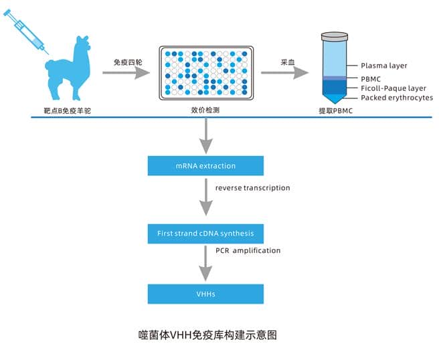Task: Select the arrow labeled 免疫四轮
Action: point(130,72)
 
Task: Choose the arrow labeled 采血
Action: point(288,72)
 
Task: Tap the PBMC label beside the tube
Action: point(371,79)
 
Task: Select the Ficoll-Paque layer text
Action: point(393,88)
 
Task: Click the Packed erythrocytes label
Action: point(396,98)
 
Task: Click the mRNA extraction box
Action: point(205,165)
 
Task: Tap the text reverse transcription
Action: point(252,188)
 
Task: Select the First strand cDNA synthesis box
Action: point(205,234)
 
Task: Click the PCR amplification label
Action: point(248,250)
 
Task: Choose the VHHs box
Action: point(205,293)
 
